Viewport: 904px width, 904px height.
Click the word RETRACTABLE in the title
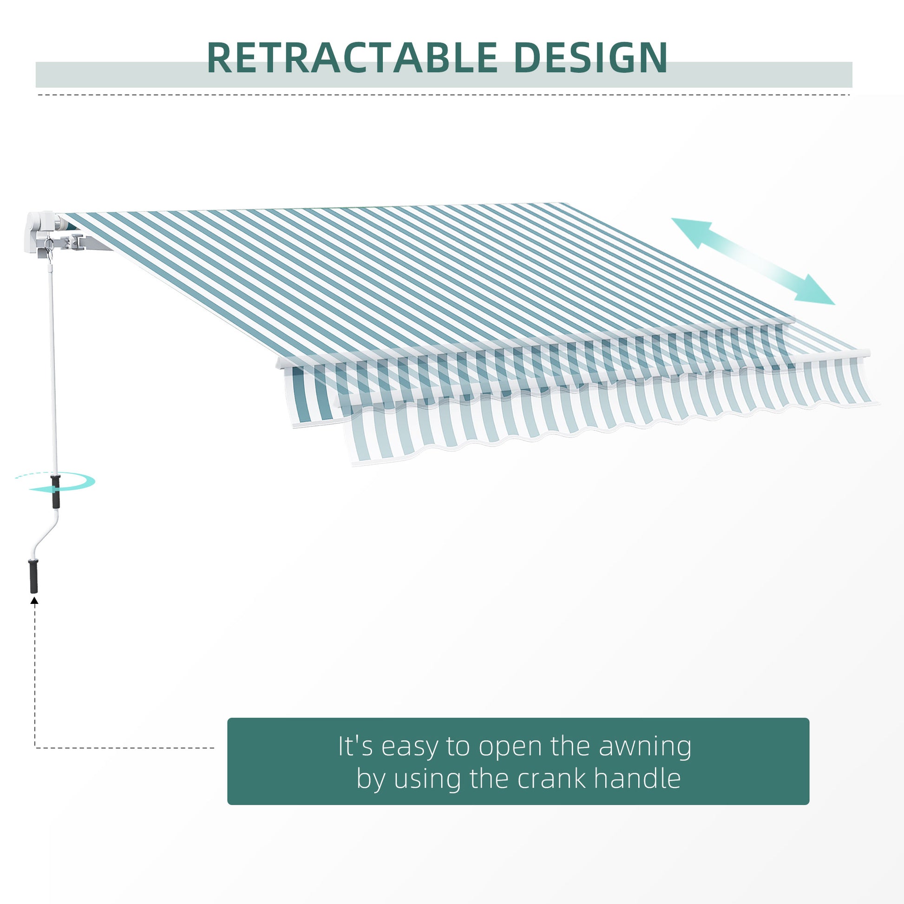pyautogui.click(x=351, y=58)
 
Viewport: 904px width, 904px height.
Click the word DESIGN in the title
pyautogui.click(x=590, y=58)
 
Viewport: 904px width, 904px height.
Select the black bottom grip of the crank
pyautogui.click(x=34, y=576)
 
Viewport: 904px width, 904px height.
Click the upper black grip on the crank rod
pyautogui.click(x=56, y=492)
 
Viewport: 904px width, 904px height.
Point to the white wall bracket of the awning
pyautogui.click(x=40, y=232)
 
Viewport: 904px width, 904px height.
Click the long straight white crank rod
pyautogui.click(x=53, y=365)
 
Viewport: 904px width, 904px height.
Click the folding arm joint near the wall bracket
pyautogui.click(x=75, y=242)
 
